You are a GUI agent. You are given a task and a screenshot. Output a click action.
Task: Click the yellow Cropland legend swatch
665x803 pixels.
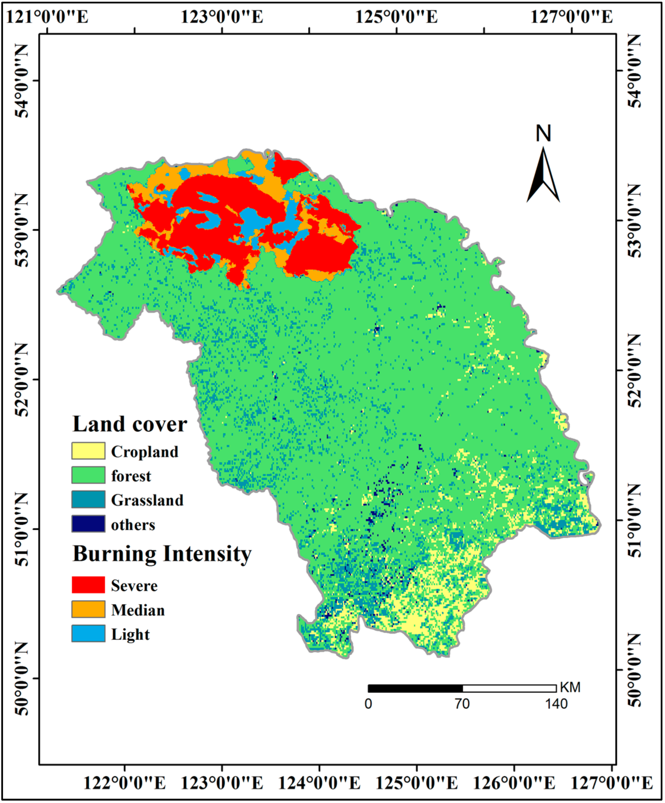click(x=88, y=451)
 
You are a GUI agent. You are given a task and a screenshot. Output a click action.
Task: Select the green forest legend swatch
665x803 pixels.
click(x=88, y=475)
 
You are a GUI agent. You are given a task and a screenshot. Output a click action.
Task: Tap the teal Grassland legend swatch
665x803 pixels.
click(x=88, y=499)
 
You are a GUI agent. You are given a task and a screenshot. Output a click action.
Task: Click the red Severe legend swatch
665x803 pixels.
click(x=88, y=585)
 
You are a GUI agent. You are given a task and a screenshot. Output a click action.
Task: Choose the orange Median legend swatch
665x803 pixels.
click(x=88, y=609)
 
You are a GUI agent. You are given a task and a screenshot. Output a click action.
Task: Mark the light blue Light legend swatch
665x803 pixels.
click(x=88, y=633)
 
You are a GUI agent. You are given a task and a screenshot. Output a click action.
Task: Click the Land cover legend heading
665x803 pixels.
click(x=130, y=424)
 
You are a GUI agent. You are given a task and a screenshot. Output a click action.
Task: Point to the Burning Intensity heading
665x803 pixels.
click(x=162, y=554)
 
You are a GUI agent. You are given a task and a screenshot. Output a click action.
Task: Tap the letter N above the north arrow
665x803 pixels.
click(x=543, y=134)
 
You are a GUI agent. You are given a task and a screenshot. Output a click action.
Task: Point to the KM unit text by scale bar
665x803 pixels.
click(x=570, y=687)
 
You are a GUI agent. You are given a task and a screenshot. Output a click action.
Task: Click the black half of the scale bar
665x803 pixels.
click(x=415, y=688)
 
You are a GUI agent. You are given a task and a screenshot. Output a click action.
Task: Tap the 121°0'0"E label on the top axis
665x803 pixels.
click(x=47, y=17)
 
